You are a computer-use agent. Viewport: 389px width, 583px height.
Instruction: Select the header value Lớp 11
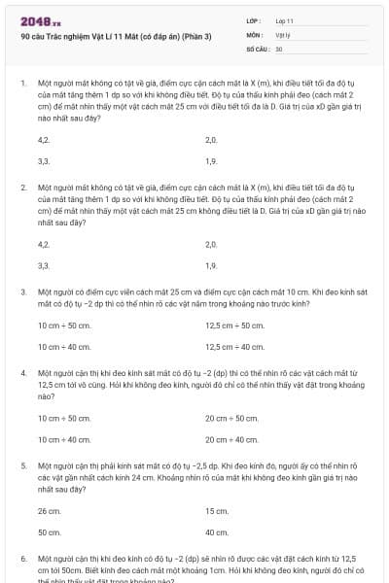point(285,20)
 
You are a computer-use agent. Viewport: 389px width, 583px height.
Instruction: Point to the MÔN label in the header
point(254,34)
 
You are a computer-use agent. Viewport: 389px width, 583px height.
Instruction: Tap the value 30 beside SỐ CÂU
point(279,48)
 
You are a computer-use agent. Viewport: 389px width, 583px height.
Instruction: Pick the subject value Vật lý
point(283,34)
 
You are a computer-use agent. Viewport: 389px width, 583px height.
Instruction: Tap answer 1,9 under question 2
point(211,265)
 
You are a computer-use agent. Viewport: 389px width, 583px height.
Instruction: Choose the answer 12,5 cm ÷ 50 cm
point(234,326)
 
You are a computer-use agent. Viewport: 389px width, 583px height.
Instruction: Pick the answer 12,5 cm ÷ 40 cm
point(234,346)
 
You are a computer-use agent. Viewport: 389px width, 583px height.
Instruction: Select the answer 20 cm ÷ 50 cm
point(231,419)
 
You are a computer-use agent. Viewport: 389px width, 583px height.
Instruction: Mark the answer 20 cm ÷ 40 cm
point(231,439)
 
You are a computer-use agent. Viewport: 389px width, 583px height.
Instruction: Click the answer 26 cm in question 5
point(49,511)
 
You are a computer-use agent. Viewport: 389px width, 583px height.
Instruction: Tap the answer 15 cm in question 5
point(217,511)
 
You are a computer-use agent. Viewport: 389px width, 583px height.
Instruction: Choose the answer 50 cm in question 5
point(49,532)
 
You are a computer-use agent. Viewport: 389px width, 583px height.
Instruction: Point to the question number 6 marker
point(22,560)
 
